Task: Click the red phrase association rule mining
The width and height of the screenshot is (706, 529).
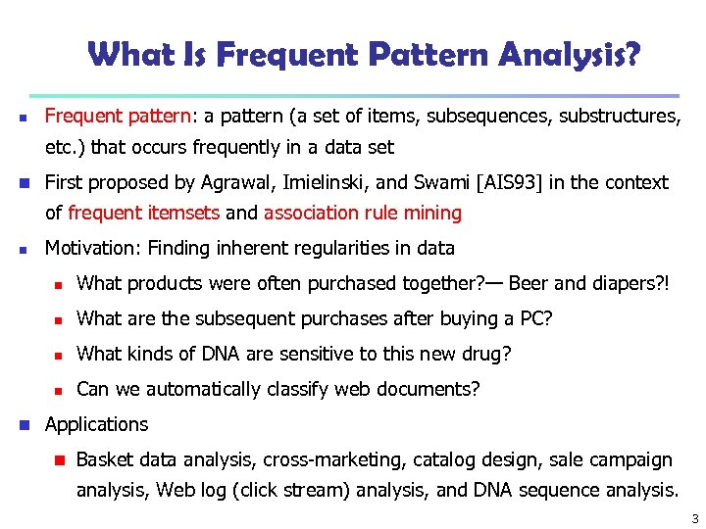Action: point(363,213)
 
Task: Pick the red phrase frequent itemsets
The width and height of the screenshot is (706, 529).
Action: point(145,213)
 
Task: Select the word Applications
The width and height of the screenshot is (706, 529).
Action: point(96,424)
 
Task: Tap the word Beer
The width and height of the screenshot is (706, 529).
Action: point(529,283)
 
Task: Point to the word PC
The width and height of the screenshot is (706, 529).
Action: point(541,318)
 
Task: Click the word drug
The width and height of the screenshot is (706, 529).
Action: point(488,354)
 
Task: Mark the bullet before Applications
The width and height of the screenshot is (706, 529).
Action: point(30,425)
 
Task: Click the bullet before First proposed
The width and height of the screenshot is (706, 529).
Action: point(30,183)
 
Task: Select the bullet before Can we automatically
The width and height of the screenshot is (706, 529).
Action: point(59,390)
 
